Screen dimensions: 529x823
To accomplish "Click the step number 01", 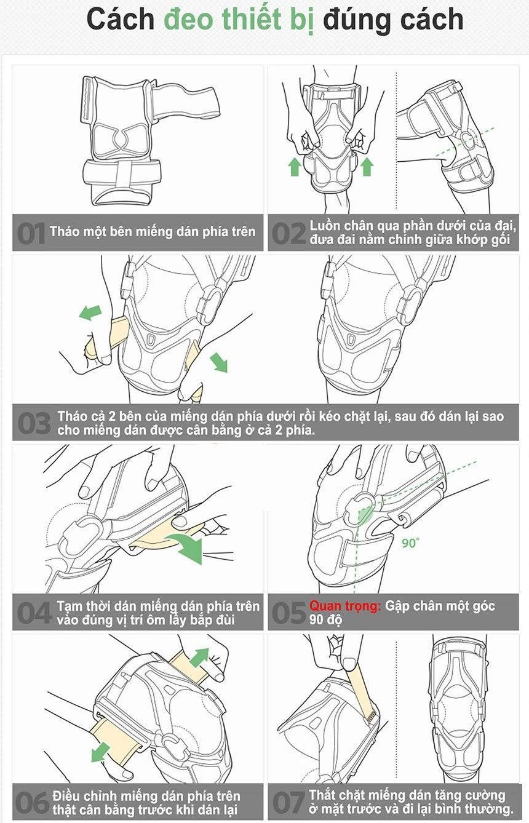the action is [x=31, y=233].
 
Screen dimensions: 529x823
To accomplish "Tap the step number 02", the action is [x=288, y=233].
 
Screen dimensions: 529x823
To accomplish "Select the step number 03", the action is [x=34, y=423].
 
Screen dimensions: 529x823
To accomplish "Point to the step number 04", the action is [x=34, y=613].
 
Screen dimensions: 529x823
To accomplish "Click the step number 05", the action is [x=289, y=613].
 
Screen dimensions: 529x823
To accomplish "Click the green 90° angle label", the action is [x=410, y=543].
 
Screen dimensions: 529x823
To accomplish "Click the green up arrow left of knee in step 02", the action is [x=295, y=167].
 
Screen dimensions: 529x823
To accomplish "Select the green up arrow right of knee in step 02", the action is [x=367, y=167].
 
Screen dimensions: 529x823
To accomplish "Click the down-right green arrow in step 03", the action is [x=219, y=362].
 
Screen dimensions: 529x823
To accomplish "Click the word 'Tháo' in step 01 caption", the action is [x=63, y=231].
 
